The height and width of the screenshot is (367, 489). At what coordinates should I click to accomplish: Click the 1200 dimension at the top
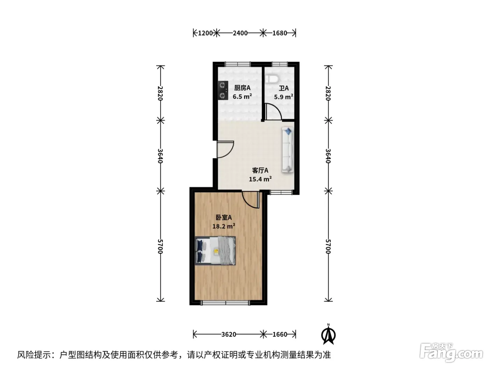[205, 33]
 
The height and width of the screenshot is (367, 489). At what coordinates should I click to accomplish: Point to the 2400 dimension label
[240, 33]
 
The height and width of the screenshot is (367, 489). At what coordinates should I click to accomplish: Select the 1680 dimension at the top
[279, 33]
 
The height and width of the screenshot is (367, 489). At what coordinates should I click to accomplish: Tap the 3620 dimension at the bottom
[228, 334]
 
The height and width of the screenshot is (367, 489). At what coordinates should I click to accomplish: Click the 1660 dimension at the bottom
[280, 334]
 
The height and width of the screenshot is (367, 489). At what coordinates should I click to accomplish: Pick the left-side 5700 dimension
[160, 246]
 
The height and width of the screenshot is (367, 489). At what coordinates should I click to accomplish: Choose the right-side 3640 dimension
[328, 156]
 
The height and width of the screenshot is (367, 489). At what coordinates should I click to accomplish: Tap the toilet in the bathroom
[272, 79]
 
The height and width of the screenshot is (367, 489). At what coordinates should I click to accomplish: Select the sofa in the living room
[288, 150]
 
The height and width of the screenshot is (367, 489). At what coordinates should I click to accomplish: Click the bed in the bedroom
[215, 251]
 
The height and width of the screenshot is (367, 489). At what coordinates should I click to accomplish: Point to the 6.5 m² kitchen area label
[242, 96]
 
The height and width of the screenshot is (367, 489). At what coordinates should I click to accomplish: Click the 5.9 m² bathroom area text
[283, 97]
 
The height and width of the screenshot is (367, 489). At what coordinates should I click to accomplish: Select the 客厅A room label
[260, 171]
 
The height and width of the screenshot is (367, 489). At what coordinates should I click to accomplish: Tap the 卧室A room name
[224, 217]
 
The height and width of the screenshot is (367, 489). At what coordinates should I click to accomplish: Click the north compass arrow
[328, 334]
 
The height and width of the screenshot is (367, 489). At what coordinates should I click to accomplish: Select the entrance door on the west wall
[225, 149]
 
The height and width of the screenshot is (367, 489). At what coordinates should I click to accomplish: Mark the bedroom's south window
[225, 303]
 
